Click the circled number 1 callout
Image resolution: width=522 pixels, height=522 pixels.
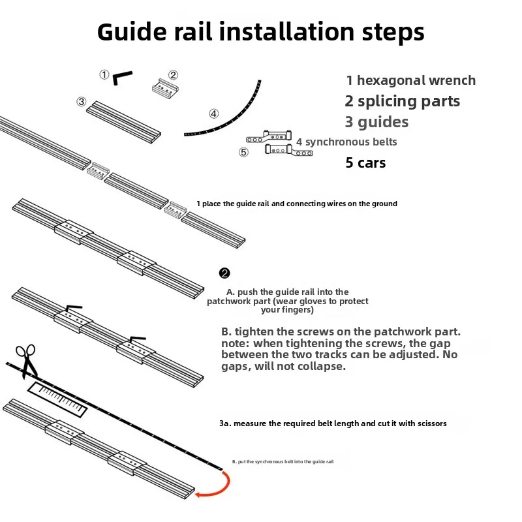(x=104, y=74)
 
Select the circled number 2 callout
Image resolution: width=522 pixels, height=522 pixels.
(x=173, y=75)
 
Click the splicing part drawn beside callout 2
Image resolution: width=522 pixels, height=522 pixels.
(x=166, y=89)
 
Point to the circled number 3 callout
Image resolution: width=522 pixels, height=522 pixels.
(x=82, y=102)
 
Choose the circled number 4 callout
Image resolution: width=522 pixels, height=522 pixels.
(x=214, y=114)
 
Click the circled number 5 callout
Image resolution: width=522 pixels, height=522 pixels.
(x=243, y=152)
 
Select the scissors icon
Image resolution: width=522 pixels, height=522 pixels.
(x=27, y=361)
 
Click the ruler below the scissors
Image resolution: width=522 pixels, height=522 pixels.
(x=57, y=399)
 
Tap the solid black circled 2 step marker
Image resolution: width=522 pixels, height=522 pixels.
(x=224, y=273)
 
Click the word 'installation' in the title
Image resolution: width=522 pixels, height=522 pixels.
(x=286, y=31)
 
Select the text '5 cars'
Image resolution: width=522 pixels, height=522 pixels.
(x=365, y=162)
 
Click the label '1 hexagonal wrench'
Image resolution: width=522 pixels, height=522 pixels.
(x=411, y=80)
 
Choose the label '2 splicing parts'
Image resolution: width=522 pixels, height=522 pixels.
(x=403, y=101)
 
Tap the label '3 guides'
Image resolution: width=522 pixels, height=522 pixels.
(x=376, y=122)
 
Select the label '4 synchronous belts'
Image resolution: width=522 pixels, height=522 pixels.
(x=346, y=142)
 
